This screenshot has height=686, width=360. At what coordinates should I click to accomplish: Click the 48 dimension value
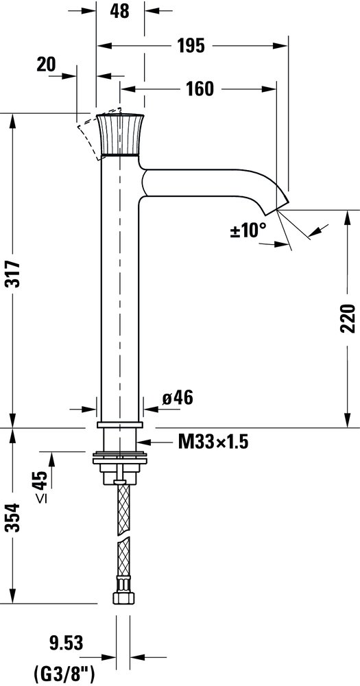[x=119, y=11]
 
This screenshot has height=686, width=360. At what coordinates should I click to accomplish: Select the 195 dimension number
[x=191, y=45]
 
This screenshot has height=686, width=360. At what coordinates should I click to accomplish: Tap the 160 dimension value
[x=200, y=88]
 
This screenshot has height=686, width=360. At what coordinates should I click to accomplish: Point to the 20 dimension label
[x=47, y=64]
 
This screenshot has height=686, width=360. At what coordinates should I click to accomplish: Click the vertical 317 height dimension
[x=13, y=274]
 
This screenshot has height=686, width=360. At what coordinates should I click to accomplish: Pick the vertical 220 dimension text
[x=348, y=318]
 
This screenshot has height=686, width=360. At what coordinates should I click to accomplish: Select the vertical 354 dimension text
[x=13, y=517]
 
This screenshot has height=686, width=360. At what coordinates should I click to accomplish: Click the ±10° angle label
[x=248, y=230]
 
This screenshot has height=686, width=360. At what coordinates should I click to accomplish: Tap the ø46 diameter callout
[x=178, y=398]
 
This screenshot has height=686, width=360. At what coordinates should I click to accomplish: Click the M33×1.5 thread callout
[x=213, y=442]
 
